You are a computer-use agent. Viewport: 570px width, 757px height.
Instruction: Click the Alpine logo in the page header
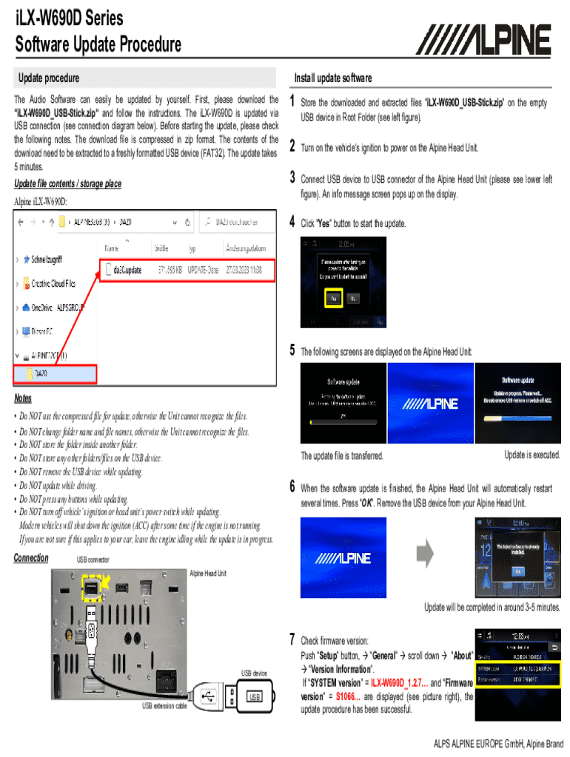487,40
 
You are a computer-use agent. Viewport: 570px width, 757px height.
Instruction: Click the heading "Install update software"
332,78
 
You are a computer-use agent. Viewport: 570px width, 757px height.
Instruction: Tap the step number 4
293,222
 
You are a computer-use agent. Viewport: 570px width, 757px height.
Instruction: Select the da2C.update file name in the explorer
122,271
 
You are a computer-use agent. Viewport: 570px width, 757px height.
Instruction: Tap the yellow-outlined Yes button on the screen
333,298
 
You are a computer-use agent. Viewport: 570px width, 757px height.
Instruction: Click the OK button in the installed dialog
517,571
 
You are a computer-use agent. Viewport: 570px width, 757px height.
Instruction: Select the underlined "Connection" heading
31,558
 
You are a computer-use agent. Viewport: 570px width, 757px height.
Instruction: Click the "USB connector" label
93,560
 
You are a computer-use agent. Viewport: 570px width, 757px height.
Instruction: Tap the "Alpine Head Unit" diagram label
208,573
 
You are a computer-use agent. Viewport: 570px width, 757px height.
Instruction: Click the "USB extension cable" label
164,706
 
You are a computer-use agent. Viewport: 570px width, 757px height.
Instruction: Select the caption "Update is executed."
532,455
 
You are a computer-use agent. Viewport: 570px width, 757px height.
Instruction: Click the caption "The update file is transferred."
342,456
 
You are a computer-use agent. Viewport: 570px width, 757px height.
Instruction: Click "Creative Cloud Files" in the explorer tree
53,283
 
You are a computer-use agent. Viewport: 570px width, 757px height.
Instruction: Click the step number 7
293,639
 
